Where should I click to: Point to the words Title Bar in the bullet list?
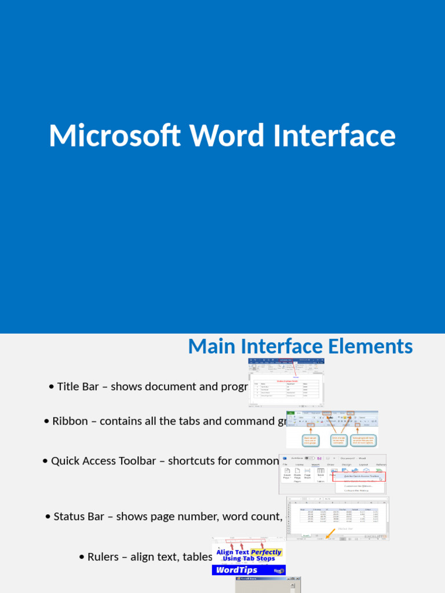click(78, 386)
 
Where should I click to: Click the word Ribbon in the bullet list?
click(70, 421)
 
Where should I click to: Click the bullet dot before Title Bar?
click(52, 387)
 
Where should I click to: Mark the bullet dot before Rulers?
click(82, 557)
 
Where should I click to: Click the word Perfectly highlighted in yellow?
click(266, 552)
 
